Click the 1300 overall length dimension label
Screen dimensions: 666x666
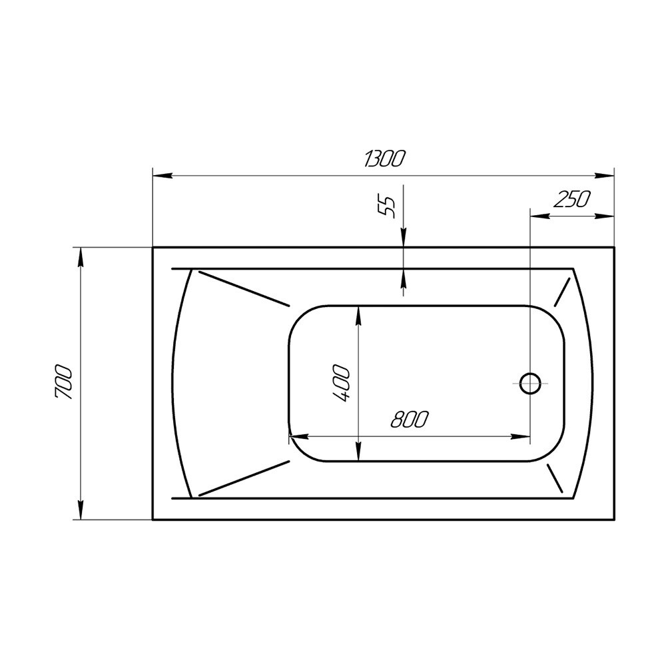tap(382, 159)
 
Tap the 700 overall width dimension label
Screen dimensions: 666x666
tap(64, 382)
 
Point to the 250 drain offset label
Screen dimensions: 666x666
tap(571, 198)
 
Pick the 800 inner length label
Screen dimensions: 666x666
tap(410, 419)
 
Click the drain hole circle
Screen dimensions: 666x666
tap(530, 383)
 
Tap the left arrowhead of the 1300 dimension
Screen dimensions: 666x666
tap(163, 175)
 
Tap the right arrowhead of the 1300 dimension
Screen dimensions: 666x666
tap(605, 175)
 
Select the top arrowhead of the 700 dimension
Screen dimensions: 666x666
tap(81, 257)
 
